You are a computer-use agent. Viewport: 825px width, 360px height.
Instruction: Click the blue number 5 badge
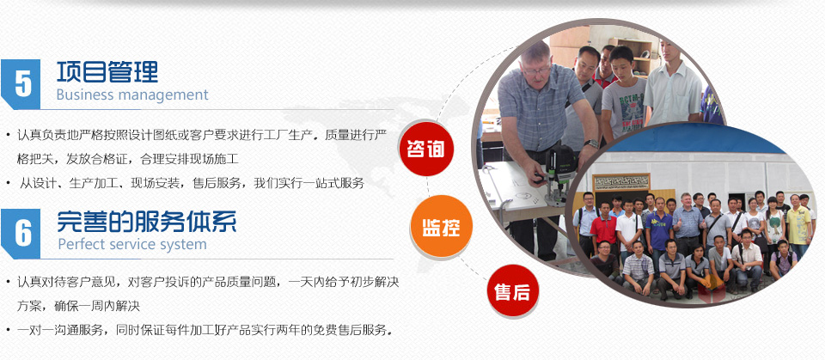point(21,83)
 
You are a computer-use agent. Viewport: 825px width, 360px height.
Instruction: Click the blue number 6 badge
point(21,233)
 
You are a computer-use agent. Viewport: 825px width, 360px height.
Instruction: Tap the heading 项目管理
point(107,71)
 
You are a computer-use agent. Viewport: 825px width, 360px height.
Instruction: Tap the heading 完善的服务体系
point(147,222)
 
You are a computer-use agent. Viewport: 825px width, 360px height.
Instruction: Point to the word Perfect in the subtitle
point(79,245)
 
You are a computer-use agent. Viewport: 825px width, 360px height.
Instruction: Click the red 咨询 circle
point(425,149)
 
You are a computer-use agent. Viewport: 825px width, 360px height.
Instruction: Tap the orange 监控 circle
point(442,226)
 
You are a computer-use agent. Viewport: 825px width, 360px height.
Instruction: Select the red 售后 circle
point(512,291)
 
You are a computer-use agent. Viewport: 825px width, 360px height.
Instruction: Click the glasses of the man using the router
point(536,70)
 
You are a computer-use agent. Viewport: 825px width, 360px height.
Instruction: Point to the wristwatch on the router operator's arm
point(592,143)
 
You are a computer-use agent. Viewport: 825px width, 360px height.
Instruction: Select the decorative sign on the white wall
point(621,182)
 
